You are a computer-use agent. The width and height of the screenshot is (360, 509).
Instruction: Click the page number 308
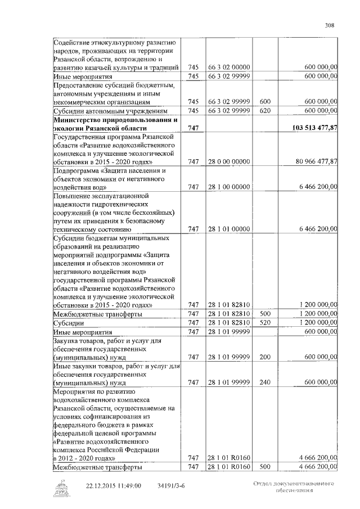coord(330,25)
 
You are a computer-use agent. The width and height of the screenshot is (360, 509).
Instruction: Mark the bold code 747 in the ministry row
coord(193,128)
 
